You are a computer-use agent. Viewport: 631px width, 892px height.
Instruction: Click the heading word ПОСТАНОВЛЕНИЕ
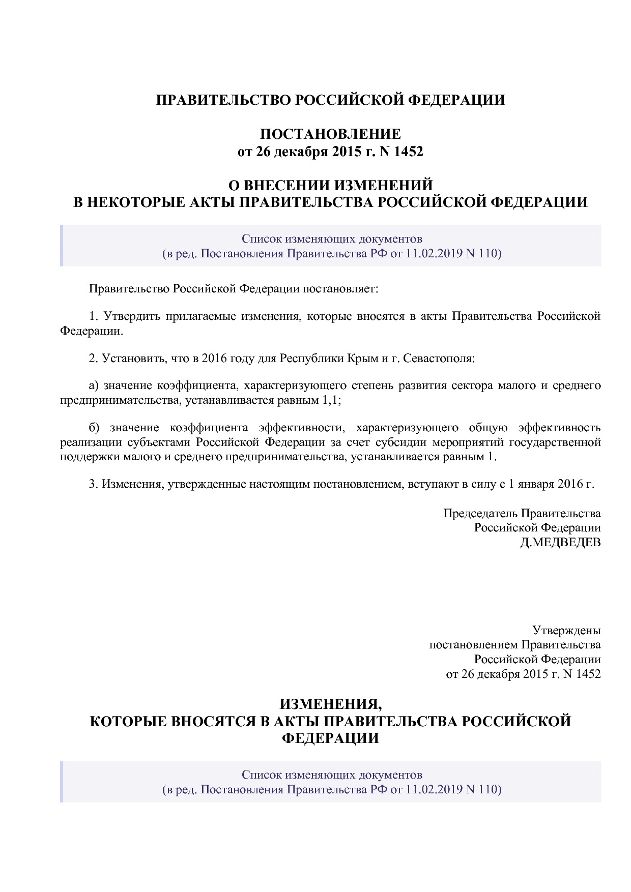(330, 134)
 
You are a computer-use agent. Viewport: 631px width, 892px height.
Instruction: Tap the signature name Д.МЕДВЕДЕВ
(560, 542)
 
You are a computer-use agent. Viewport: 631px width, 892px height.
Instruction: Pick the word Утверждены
(566, 630)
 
